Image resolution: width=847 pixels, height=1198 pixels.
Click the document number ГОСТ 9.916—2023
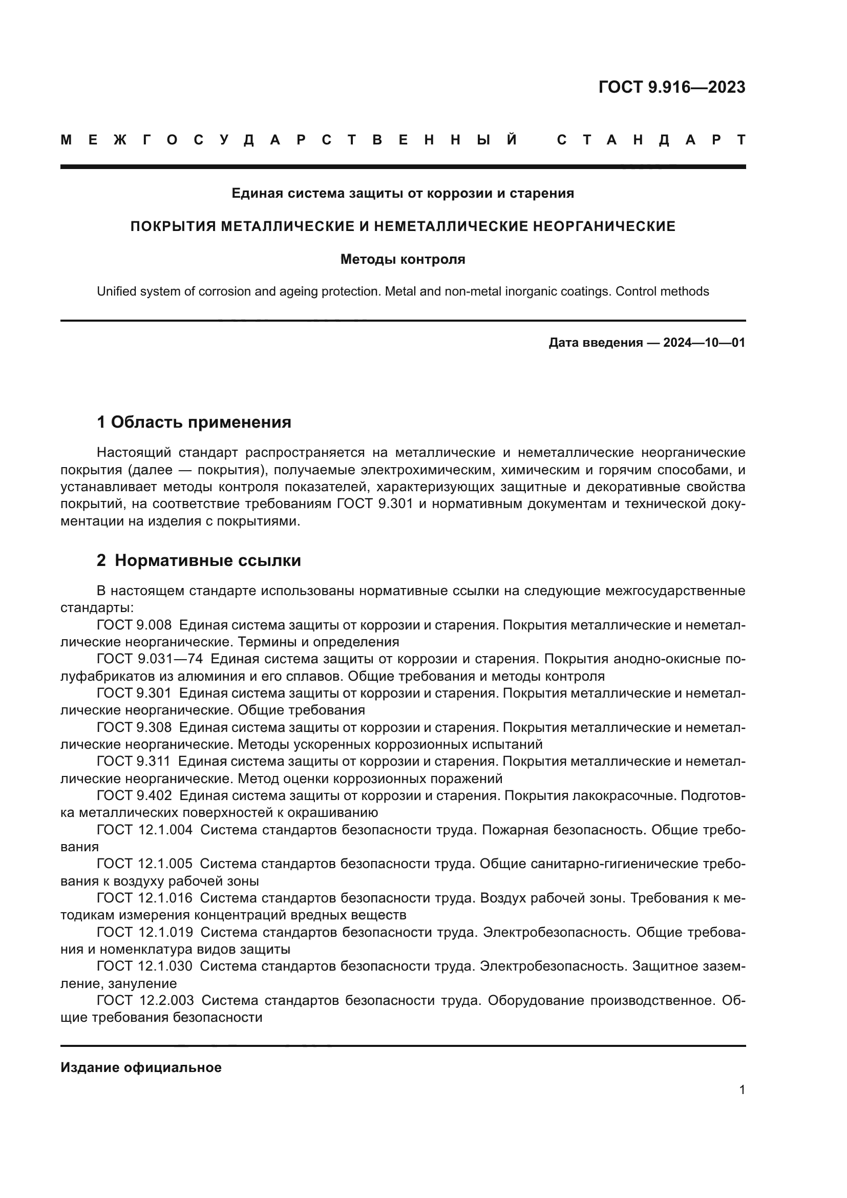(x=671, y=87)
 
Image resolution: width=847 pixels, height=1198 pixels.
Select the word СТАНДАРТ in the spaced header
(x=651, y=140)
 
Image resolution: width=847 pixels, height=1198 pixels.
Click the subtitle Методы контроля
(x=403, y=259)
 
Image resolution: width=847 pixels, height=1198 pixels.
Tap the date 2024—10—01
(x=704, y=343)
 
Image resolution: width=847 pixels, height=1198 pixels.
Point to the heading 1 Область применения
(x=194, y=422)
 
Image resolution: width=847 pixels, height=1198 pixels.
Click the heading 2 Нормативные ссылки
(x=199, y=560)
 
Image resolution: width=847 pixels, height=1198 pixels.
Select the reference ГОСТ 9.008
(x=134, y=625)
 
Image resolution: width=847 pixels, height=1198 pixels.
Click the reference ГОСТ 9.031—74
(x=150, y=659)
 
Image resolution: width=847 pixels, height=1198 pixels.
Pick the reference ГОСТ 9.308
(x=134, y=727)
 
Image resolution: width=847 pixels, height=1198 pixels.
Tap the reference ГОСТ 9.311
(x=134, y=761)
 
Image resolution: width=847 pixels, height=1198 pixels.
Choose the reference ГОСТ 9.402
(x=134, y=795)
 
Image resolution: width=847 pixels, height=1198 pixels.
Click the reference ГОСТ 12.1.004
(x=144, y=830)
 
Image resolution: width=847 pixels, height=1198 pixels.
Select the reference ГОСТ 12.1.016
(x=144, y=898)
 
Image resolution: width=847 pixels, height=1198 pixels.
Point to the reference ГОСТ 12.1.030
(x=144, y=966)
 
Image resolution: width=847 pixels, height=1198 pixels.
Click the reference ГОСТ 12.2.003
(x=145, y=1000)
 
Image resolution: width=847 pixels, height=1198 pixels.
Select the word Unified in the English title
(x=116, y=291)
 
